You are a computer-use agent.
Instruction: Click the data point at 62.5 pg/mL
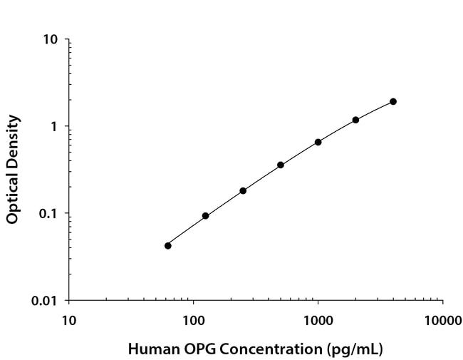(168, 245)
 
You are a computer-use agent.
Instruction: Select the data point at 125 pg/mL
(206, 215)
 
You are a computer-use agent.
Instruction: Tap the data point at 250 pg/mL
(243, 190)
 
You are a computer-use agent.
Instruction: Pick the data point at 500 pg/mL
(281, 165)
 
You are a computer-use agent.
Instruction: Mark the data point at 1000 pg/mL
(318, 142)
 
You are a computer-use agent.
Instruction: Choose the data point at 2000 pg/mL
(355, 120)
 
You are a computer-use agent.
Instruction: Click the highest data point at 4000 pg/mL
(393, 101)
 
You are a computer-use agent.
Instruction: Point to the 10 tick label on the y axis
(51, 39)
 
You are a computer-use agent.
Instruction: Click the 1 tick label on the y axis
(54, 127)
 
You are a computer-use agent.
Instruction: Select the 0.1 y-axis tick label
(48, 214)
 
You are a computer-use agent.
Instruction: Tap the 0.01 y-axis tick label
(45, 301)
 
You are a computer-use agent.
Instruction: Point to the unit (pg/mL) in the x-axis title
(355, 349)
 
